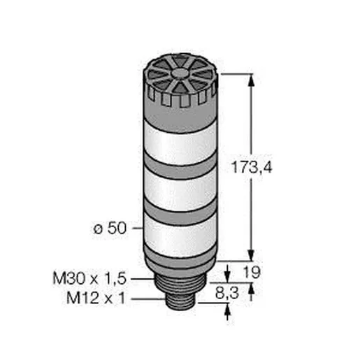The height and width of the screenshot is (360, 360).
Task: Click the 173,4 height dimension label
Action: tap(252, 167)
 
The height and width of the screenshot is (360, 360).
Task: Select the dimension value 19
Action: tap(252, 272)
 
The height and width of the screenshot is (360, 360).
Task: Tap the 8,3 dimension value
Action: tap(227, 293)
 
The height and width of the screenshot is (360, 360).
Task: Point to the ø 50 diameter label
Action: tap(110, 228)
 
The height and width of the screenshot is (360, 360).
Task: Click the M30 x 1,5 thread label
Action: tap(89, 278)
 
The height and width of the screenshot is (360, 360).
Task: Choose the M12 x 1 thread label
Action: tap(96, 298)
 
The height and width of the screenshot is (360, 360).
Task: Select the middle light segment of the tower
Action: tap(180, 191)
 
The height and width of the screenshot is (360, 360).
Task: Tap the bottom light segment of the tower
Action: tap(180, 236)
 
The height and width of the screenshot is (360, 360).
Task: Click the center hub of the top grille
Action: tap(180, 73)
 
